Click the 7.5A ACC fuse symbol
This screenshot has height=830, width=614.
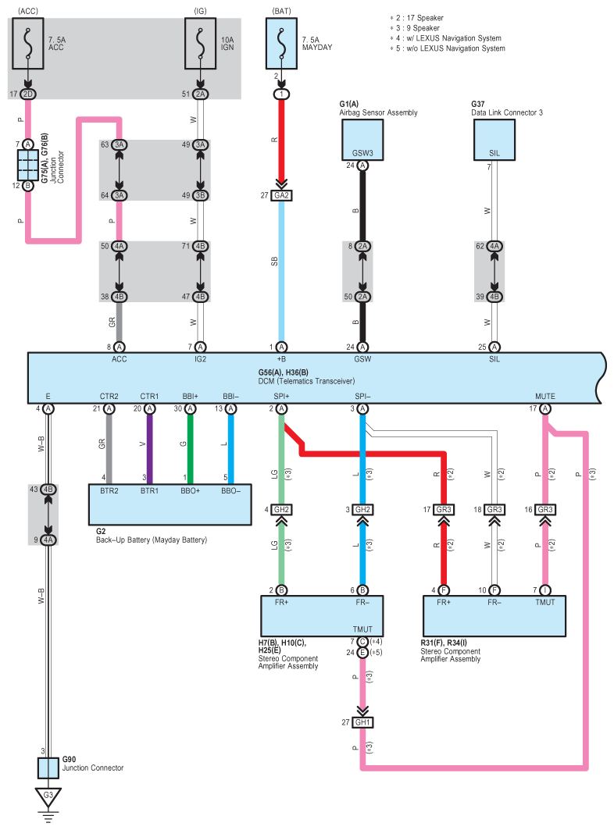(28, 44)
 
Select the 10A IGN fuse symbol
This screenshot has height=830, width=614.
(200, 44)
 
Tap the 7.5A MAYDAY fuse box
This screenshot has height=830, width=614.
(281, 44)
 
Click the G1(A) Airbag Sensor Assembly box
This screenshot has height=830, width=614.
(362, 140)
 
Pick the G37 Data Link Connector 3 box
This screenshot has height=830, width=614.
(494, 140)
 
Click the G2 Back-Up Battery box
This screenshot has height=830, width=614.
(170, 504)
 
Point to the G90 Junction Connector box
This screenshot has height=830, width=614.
(48, 768)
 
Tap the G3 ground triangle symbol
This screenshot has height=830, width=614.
(48, 796)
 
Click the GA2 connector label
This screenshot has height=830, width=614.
(281, 195)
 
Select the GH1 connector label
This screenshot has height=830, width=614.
(362, 722)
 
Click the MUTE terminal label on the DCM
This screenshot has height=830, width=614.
(545, 397)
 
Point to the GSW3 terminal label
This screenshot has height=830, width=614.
(362, 153)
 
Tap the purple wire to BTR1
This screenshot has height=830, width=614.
(150, 449)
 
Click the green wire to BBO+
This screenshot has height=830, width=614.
(190, 449)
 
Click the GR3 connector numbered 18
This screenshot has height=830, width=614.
(494, 509)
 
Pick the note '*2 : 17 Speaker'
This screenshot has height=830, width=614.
(417, 18)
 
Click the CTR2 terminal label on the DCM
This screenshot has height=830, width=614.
(109, 397)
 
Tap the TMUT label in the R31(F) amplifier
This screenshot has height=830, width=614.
(545, 602)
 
